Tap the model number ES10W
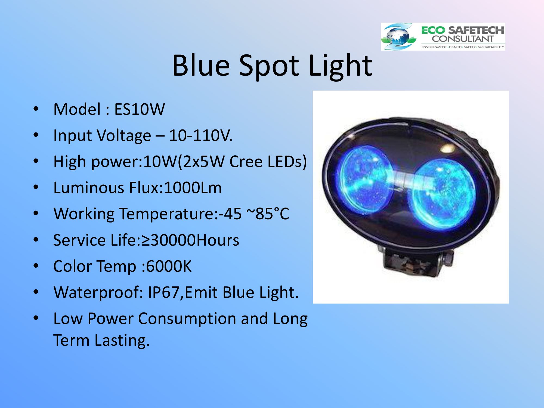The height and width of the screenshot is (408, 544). (x=140, y=109)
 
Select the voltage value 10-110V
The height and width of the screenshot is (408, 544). (x=201, y=135)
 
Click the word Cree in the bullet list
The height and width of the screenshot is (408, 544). (x=246, y=162)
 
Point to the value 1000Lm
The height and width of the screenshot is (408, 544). (x=193, y=188)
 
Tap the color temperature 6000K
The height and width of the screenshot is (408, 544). (x=169, y=266)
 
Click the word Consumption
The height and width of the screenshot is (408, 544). (x=187, y=319)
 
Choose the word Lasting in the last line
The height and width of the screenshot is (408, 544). (x=122, y=340)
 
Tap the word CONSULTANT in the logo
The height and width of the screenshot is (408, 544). (x=463, y=39)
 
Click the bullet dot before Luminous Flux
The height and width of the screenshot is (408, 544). (x=36, y=187)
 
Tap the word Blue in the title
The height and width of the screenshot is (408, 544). (x=201, y=65)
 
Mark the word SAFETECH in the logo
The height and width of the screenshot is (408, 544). (x=476, y=30)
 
